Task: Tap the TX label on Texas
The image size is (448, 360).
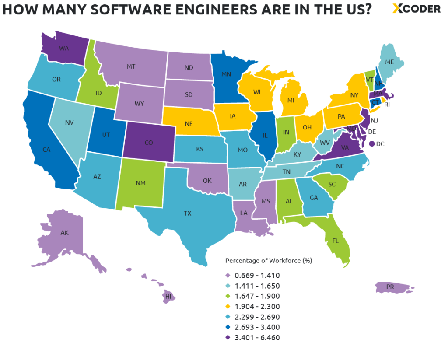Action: coord(187,213)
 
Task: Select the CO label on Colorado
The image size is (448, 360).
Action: coord(148,143)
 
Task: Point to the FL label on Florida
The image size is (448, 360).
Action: coord(335,241)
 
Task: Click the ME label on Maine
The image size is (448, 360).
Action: coord(389,62)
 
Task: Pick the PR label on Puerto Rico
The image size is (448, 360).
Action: coord(390,287)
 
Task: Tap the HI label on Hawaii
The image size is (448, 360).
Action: coord(168,296)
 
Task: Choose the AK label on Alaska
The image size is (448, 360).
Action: coord(64,233)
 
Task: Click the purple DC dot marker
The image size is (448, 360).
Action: coord(371,143)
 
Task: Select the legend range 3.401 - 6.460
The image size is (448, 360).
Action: coord(257,337)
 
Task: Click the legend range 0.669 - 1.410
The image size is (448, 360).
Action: coord(257,275)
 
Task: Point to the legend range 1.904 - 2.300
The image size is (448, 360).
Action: coord(257,306)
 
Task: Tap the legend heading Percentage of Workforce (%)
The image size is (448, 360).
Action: coord(268,261)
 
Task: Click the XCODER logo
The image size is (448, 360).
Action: coord(416,9)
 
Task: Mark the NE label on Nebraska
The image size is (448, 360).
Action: coord(189,124)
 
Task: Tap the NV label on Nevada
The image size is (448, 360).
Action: coord(69,122)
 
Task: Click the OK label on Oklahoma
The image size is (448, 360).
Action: coord(207,180)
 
